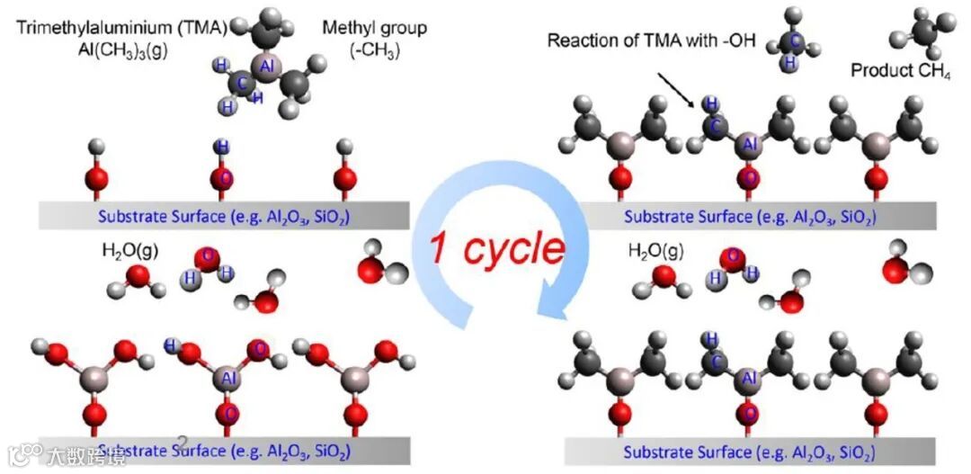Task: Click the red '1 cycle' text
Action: (496, 249)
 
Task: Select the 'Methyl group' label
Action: (374, 27)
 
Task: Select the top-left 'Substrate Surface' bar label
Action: (224, 216)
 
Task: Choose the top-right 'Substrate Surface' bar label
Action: (750, 216)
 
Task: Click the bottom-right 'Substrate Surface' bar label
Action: (749, 451)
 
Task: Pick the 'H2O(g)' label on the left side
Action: (129, 251)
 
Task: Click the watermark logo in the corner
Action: (27, 454)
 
